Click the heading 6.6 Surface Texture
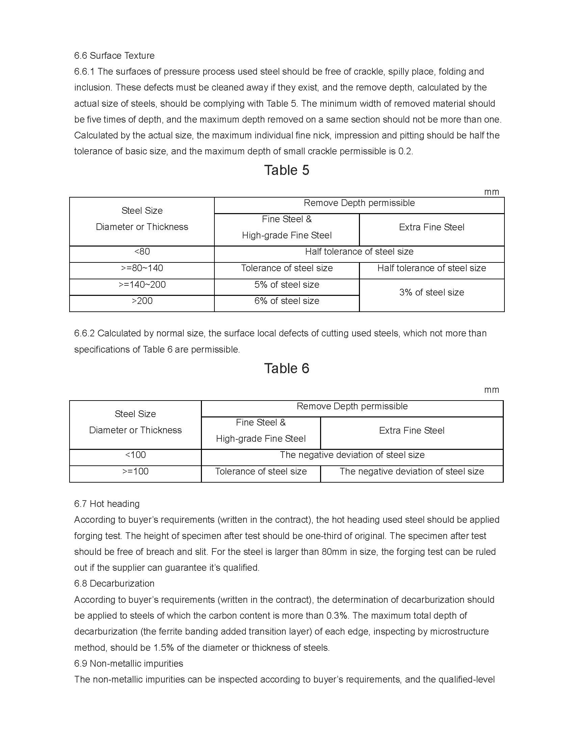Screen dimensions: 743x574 click(x=114, y=55)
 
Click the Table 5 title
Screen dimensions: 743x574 click(x=287, y=170)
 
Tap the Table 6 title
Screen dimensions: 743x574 click(x=287, y=368)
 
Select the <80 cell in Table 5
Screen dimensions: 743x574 click(x=142, y=251)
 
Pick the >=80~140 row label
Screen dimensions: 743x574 click(x=142, y=268)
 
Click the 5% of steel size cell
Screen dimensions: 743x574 click(x=287, y=284)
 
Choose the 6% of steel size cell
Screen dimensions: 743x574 click(x=287, y=301)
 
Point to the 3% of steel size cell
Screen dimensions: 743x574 click(x=432, y=292)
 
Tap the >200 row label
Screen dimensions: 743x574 click(x=142, y=301)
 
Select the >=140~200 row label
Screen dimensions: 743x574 click(x=142, y=284)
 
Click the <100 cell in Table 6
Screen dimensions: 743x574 click(x=135, y=455)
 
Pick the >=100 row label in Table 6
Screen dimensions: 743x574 click(x=135, y=471)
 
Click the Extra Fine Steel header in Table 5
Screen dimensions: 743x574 click(x=432, y=227)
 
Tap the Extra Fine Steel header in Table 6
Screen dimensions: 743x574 click(x=412, y=430)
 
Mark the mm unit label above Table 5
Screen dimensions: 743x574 click(x=491, y=192)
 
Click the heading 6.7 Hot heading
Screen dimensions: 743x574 click(x=107, y=504)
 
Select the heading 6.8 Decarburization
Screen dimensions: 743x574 click(x=114, y=584)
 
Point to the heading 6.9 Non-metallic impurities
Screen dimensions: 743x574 click(x=129, y=663)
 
